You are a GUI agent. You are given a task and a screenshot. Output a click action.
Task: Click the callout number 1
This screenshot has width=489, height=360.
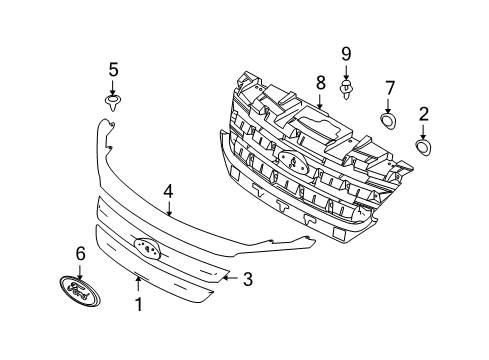138,304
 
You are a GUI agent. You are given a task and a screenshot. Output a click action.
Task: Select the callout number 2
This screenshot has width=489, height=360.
423,114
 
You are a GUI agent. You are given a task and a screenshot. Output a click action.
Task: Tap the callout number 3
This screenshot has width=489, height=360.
248,279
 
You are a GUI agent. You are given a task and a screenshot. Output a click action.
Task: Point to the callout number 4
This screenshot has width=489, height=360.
168,192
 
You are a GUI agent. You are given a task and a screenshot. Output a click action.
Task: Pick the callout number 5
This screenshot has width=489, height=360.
113,70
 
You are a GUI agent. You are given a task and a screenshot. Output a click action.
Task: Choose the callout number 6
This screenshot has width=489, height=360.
80,254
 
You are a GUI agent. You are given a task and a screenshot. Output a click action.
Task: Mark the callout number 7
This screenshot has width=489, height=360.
389,88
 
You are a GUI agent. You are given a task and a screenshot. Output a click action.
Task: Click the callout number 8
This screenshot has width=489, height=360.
320,82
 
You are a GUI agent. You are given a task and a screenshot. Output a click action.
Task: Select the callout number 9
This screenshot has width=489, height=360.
346,54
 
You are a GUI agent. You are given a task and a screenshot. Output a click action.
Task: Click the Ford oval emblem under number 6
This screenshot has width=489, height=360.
80,290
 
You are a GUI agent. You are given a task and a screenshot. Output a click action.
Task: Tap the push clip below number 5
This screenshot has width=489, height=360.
113,103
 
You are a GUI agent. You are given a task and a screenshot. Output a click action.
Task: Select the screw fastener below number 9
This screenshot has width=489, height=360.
346,89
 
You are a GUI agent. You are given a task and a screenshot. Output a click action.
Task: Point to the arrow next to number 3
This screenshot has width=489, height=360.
230,278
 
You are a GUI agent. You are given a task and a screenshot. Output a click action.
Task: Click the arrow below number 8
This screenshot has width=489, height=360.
320,101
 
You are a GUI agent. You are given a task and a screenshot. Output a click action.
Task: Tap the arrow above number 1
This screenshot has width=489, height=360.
138,285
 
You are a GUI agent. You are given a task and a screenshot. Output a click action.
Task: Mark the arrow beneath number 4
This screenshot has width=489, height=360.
169,208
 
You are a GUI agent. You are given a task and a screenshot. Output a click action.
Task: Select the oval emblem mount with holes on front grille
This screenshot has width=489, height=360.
147,247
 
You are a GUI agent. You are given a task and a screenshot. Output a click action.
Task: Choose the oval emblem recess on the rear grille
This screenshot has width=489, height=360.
293,161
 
